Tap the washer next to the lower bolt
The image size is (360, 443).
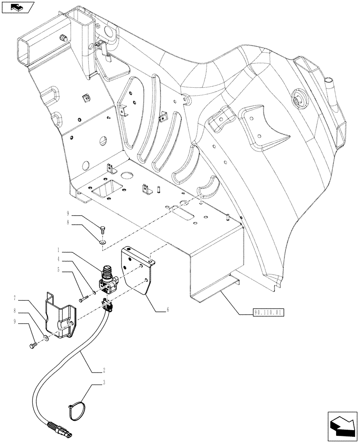pos(47,339)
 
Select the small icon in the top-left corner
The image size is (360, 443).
pos(18,7)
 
